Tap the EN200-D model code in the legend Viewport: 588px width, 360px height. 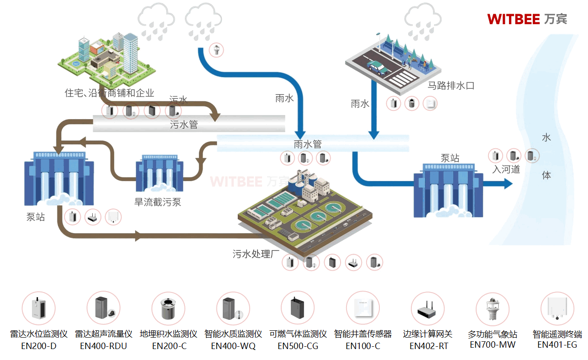(39, 346)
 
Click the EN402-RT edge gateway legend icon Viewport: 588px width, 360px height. (428, 308)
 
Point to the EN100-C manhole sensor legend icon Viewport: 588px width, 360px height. (363, 308)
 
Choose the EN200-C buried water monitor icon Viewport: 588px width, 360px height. (168, 308)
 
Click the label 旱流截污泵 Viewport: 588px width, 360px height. (157, 202)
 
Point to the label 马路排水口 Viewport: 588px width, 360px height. (451, 85)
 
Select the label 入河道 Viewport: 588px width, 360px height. (506, 169)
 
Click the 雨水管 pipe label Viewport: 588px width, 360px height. (308, 144)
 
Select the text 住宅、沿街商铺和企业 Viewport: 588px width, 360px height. (110, 93)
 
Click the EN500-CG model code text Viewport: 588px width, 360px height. (298, 346)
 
